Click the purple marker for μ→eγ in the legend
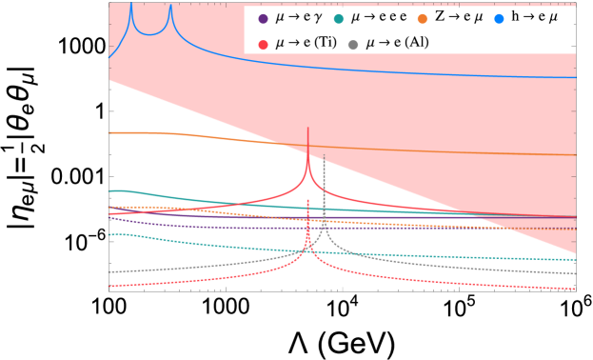click(x=263, y=18)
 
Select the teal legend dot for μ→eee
click(x=340, y=18)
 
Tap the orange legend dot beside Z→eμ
click(x=423, y=18)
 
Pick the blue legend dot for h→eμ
click(x=501, y=18)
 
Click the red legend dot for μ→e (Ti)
click(x=263, y=44)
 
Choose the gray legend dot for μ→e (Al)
click(x=354, y=44)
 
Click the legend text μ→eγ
click(x=299, y=18)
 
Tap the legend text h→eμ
click(x=538, y=18)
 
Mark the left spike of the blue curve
click(x=131, y=6)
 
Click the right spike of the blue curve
click(x=170, y=7)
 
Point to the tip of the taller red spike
click(x=307, y=128)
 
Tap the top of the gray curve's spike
click(x=325, y=155)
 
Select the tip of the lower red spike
click(x=307, y=201)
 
